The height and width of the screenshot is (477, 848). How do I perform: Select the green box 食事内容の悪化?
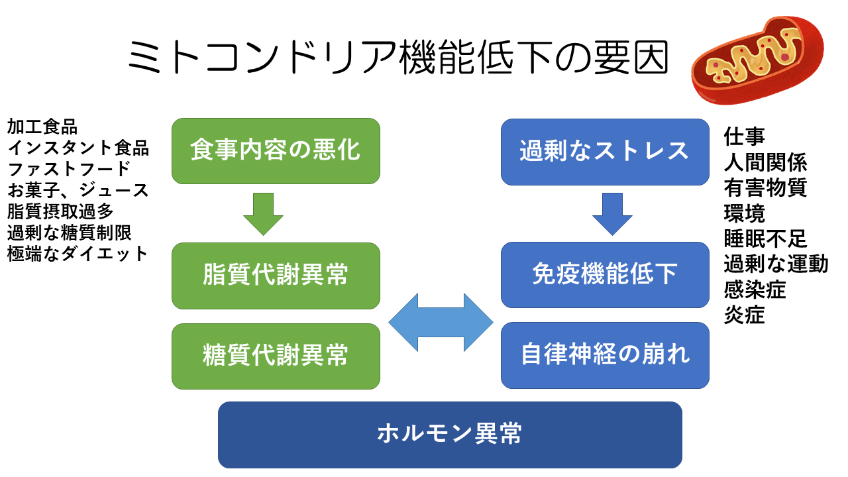pos(276,151)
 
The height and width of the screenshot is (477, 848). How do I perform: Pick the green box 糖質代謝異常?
pos(276,356)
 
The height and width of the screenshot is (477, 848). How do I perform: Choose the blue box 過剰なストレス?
pos(605,152)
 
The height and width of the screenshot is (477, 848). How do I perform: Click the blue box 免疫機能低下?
pos(605,275)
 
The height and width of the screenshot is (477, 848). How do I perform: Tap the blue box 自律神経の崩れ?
pos(605,355)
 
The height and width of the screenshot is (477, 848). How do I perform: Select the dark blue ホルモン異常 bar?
pos(450,435)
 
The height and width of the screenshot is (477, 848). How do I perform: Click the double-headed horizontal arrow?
pos(441,323)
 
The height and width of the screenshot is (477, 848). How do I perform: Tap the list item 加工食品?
pos(42,126)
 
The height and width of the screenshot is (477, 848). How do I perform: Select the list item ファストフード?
pos(69,169)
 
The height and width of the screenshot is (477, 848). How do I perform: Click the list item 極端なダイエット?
pos(78,254)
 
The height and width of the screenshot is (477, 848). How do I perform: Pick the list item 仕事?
pos(744,136)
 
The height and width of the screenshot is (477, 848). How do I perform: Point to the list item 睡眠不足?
pos(765,238)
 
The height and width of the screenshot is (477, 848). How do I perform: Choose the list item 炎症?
pos(744,315)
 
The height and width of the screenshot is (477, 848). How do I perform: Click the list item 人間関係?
pos(765,162)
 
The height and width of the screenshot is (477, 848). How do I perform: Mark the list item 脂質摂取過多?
pos(60,211)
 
